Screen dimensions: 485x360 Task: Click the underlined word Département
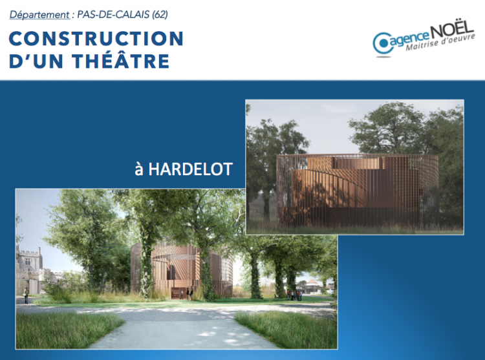click(x=39, y=14)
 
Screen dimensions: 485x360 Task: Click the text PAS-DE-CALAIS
click(x=113, y=14)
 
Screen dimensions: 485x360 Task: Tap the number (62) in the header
click(x=160, y=14)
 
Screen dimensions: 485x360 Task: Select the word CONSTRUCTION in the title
click(x=96, y=39)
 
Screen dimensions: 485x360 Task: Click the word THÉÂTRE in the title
click(x=121, y=61)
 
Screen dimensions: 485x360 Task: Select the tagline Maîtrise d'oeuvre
click(x=440, y=43)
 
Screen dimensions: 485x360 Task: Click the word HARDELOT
click(x=190, y=169)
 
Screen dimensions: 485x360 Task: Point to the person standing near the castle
click(x=26, y=295)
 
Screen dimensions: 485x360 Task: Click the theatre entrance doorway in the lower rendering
click(x=178, y=293)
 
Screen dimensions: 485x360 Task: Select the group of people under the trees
click(x=294, y=295)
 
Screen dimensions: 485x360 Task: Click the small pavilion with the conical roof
click(x=312, y=286)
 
